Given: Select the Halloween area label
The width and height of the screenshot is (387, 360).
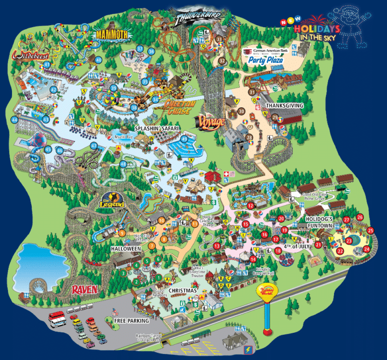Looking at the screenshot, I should [126, 249].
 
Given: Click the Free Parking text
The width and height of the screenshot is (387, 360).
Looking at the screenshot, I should [132, 320].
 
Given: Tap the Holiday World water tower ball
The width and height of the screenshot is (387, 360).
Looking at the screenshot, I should [268, 291].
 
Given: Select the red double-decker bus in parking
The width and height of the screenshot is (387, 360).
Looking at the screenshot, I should [56, 318].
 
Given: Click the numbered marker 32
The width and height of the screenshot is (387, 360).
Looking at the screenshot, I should [222, 61].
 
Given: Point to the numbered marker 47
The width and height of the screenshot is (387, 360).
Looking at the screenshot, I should [94, 146].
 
